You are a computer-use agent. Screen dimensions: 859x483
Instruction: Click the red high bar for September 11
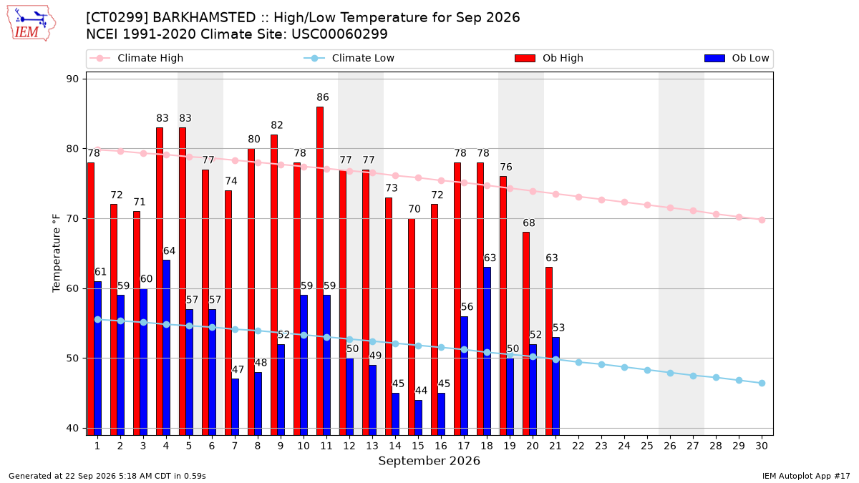pos(320,271)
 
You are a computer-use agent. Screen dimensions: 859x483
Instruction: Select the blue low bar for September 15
pos(418,417)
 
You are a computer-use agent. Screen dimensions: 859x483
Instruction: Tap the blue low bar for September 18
pos(487,351)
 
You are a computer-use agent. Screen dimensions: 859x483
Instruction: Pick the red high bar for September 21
pos(549,351)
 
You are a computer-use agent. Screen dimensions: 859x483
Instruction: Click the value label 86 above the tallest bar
pos(323,97)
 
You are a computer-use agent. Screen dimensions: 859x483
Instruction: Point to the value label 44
pos(421,391)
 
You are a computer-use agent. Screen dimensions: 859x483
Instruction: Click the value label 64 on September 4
pos(169,251)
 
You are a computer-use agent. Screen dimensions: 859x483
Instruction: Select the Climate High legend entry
pos(137,58)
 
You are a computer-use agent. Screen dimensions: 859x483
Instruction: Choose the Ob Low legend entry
pos(737,58)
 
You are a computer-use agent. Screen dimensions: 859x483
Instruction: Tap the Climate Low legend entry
pos(349,58)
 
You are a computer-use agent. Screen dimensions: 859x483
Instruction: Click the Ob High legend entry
pos(549,58)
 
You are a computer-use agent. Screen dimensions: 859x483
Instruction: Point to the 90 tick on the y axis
pos(72,79)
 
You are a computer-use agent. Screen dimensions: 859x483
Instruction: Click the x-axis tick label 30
pos(762,446)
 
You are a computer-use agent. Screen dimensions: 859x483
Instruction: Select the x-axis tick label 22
pos(578,446)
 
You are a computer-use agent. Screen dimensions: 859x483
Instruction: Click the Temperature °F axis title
pos(57,253)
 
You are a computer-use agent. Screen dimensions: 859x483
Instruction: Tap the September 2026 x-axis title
pos(429,461)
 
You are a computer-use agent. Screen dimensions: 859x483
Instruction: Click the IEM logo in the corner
pos(31,24)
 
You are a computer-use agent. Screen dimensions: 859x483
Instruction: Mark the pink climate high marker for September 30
pos(762,220)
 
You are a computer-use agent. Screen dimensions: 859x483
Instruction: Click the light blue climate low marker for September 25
pos(647,371)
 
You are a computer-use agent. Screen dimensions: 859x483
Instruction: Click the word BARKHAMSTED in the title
pos(204,18)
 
